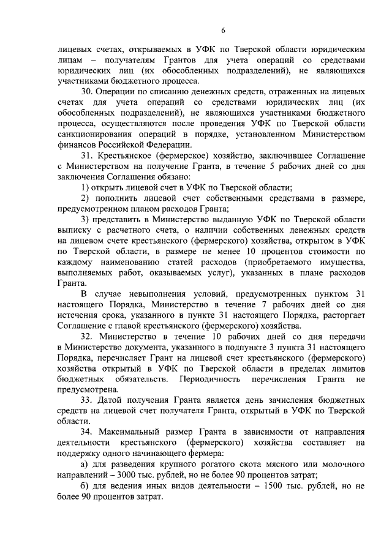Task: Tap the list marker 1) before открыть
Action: (86, 188)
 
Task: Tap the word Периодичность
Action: (217, 379)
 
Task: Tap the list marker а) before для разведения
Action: (86, 463)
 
